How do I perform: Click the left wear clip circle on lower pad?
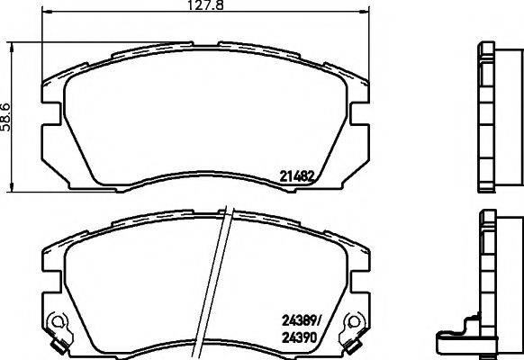[58, 321]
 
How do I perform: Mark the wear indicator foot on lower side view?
[450, 341]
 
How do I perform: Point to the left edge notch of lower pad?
[50, 290]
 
